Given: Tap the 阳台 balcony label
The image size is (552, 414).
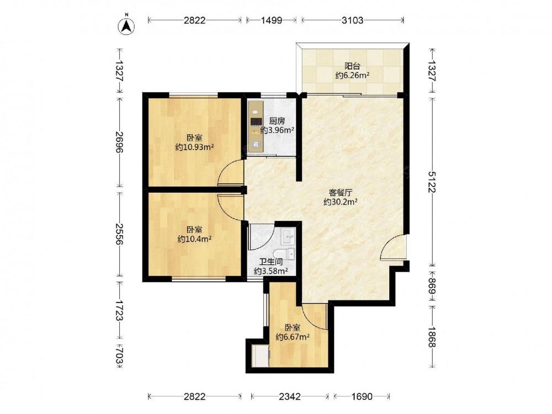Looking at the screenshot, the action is pos(352,66).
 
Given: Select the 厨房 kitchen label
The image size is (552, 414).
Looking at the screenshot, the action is pos(277,121).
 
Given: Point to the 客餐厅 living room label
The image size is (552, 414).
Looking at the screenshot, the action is pos(341,193).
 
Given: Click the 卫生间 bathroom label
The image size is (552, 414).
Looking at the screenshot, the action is pos(271,262).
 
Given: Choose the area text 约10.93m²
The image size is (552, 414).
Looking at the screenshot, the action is pos(195,147).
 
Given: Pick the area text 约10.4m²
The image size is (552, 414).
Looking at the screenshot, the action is pos(194,239).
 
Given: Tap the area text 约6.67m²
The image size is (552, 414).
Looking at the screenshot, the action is pos(293,337).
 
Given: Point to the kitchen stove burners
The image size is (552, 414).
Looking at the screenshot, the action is pos(256,121).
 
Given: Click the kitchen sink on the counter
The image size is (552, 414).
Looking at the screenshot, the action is pos(256,144).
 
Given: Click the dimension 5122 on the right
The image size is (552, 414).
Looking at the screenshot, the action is pos(432,182).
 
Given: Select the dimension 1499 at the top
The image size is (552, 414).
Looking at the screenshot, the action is pos(272,20).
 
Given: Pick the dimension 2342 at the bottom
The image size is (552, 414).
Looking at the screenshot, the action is pos(290,397).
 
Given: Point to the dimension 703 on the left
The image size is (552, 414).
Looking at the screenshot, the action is pos(119,355).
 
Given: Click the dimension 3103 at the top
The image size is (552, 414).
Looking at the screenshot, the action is pos(352,20).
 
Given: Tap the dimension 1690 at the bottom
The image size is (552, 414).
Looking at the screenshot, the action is pos(362,397).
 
